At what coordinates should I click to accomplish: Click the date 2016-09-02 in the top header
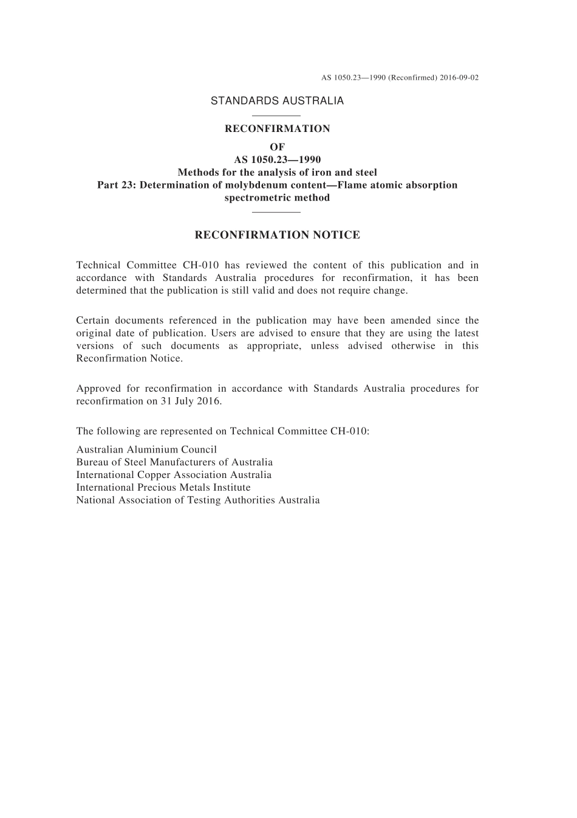(x=459, y=78)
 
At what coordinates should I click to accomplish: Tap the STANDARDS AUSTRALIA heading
(x=277, y=101)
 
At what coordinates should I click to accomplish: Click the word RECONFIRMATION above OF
(x=277, y=129)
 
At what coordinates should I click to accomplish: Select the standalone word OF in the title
(x=277, y=147)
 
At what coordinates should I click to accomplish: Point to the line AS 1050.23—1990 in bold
(x=277, y=160)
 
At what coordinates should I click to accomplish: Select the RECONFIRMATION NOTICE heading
(x=277, y=235)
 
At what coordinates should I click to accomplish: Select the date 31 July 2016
(x=194, y=401)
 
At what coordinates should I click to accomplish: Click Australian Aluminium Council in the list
(x=146, y=450)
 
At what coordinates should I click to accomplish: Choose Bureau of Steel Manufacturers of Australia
(x=174, y=462)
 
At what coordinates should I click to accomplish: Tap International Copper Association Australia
(x=174, y=475)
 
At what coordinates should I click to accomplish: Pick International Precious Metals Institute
(x=163, y=487)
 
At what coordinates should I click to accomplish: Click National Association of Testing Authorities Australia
(x=198, y=500)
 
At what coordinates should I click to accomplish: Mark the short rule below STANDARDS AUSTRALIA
(x=276, y=115)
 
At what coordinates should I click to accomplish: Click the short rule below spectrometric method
(x=276, y=212)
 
